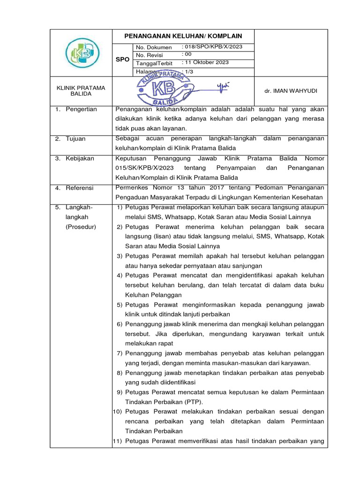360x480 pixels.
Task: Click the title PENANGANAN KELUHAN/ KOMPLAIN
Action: pos(183,36)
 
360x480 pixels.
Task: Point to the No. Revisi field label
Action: pos(150,55)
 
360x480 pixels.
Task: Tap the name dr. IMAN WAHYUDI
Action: pos(291,91)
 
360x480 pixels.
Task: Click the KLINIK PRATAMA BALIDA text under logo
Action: pos(81,90)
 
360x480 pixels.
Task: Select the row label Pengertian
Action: pos(81,109)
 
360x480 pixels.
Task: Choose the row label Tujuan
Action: pos(75,139)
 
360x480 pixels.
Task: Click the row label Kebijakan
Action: pos(80,158)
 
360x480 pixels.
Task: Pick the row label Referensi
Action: pos(80,188)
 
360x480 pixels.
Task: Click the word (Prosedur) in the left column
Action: pos(81,227)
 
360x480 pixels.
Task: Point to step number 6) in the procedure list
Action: pos(119,324)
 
